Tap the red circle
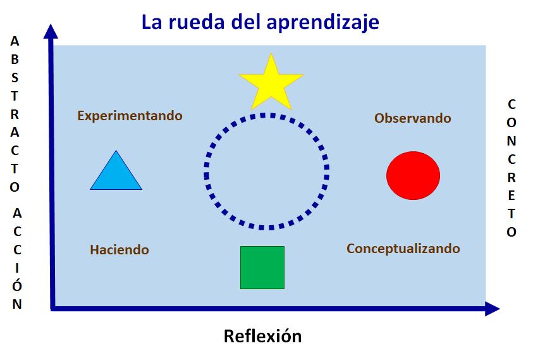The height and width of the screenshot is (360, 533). tap(413, 175)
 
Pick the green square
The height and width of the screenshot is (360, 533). tap(262, 268)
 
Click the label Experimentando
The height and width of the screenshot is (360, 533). tap(130, 116)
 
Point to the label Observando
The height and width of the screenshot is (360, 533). tap(412, 118)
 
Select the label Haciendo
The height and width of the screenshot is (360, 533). tap(119, 250)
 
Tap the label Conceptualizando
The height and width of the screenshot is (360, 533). tap(403, 249)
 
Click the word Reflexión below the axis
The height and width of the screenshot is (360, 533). tap(262, 336)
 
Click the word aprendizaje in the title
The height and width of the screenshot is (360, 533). tap(323, 23)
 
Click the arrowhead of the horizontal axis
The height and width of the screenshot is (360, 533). tap(493, 309)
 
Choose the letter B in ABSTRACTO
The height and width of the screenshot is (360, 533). tap(15, 60)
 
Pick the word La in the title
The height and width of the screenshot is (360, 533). tap(151, 23)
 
